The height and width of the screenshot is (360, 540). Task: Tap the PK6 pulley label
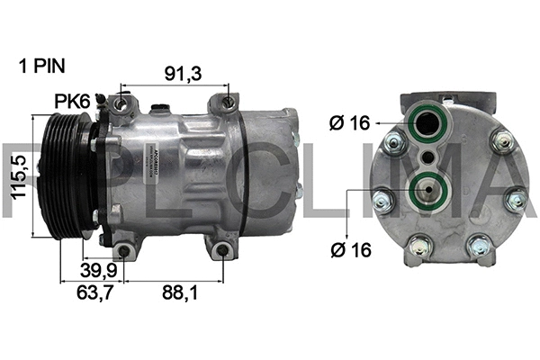tap(71, 102)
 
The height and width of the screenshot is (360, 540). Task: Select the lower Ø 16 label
tap(350, 251)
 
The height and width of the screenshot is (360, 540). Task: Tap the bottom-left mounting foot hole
tap(122, 250)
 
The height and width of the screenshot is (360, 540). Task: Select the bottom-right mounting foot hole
tap(220, 250)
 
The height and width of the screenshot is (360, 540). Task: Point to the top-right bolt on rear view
tap(502, 140)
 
